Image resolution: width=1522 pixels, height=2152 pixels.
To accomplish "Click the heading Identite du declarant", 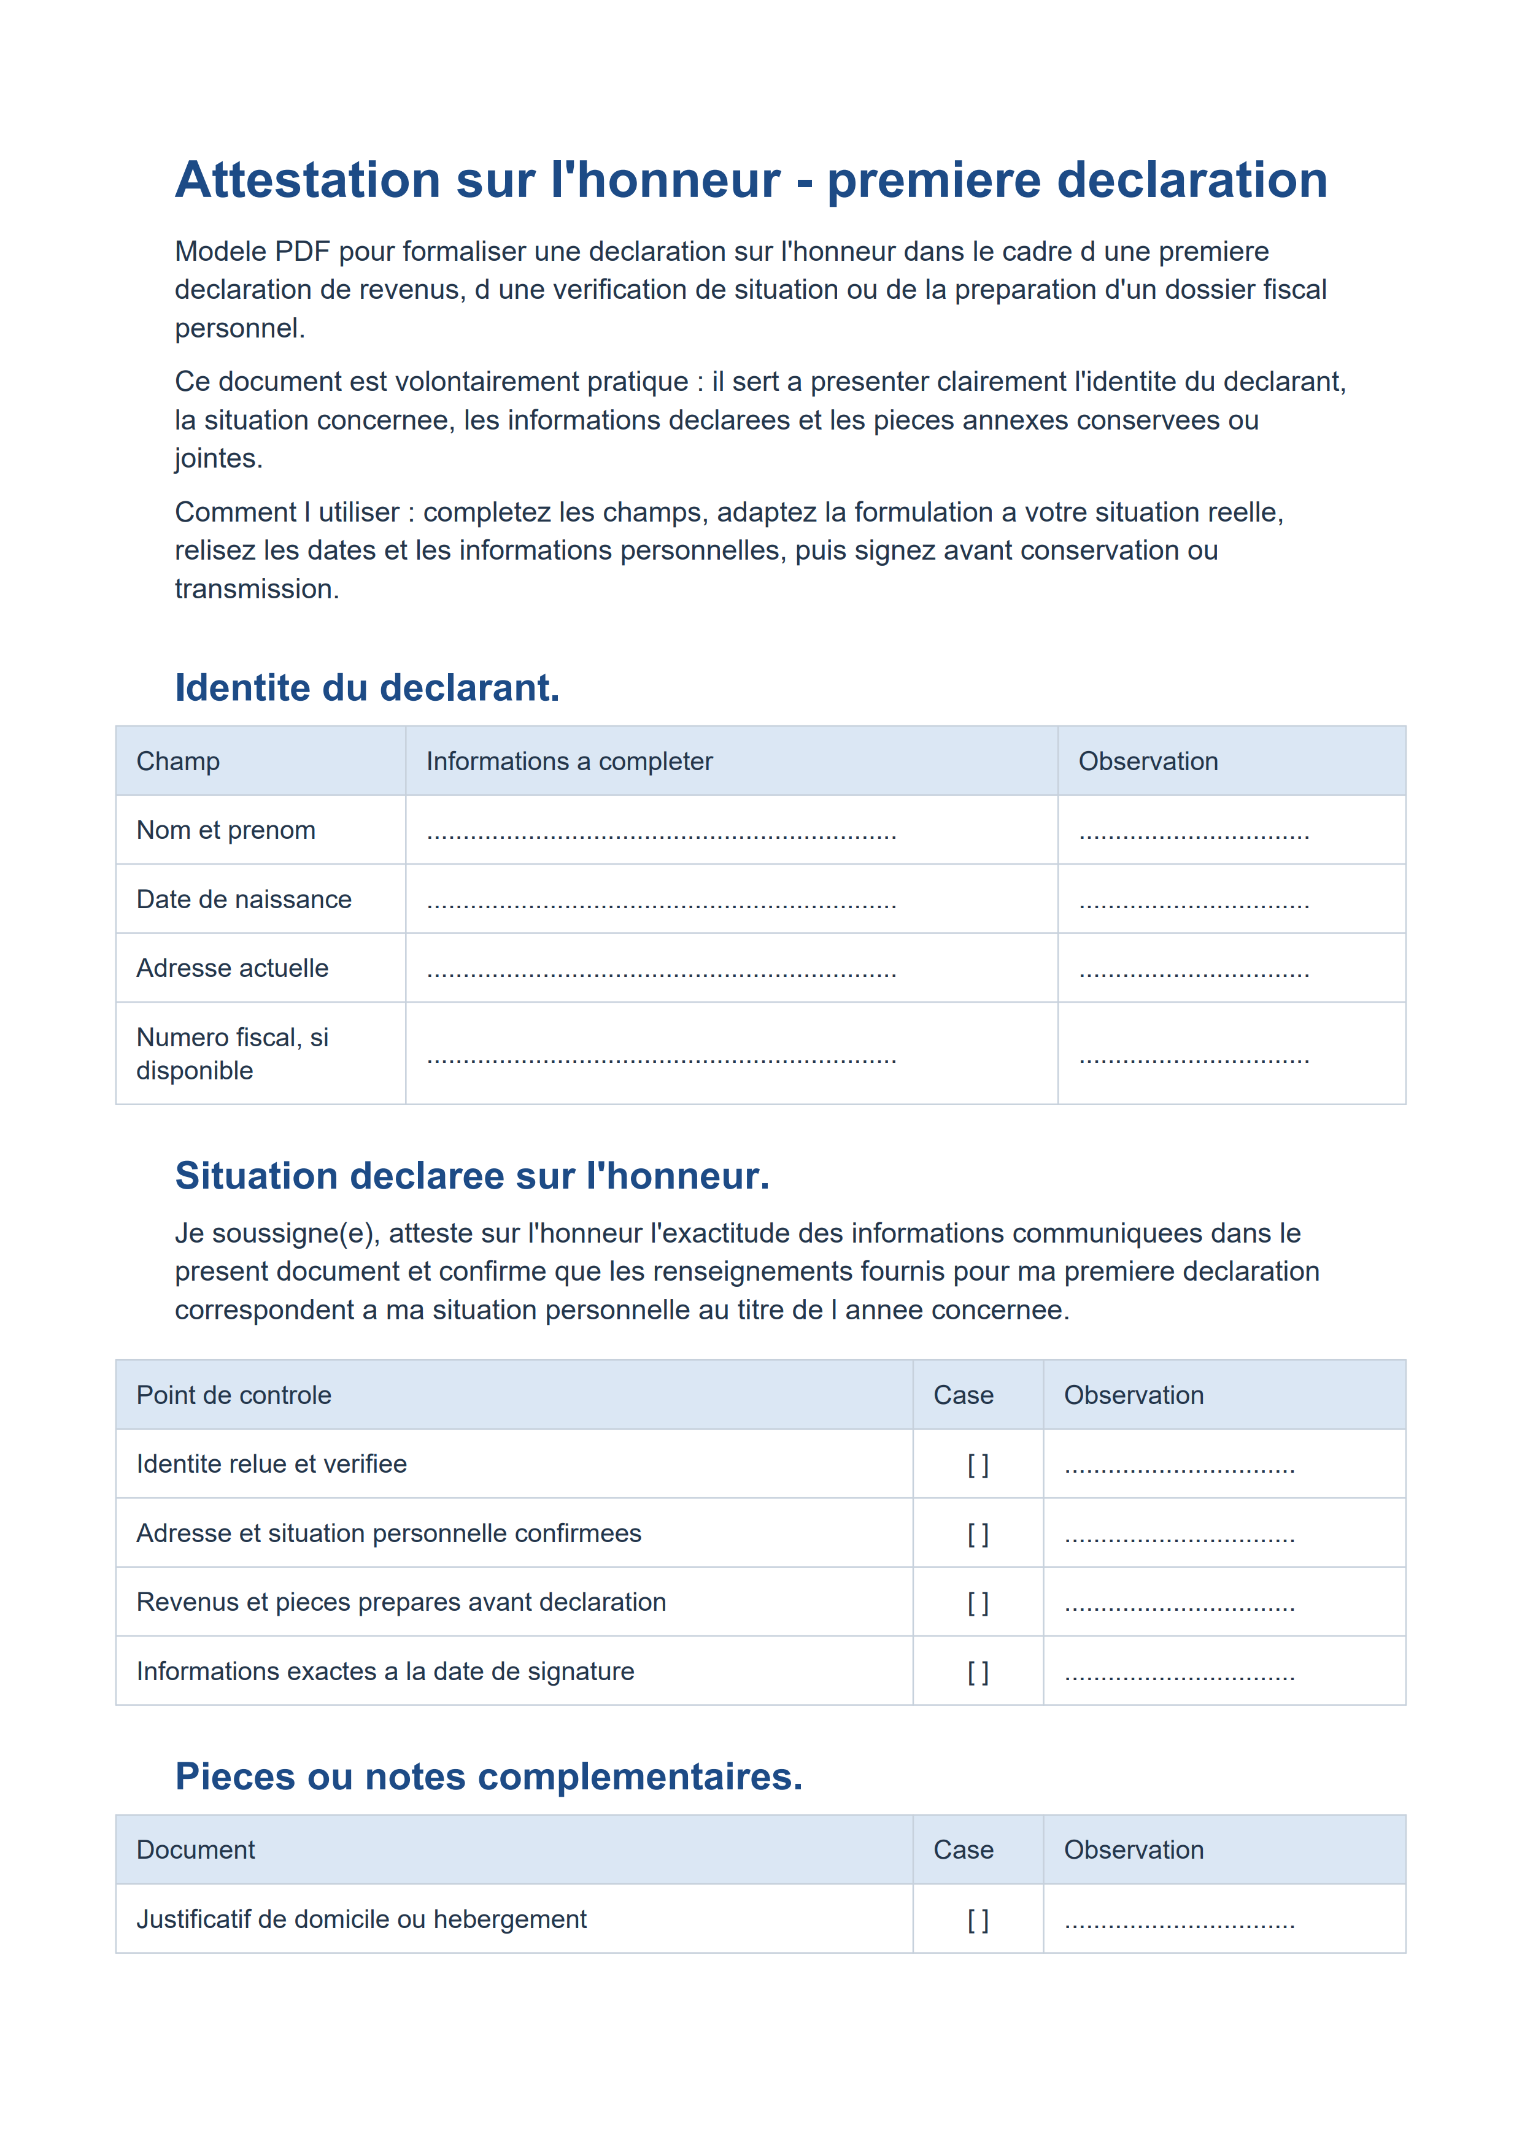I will pos(366,688).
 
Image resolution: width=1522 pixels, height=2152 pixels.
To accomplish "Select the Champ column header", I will pos(178,761).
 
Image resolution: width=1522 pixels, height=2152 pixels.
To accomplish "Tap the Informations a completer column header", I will pos(569,761).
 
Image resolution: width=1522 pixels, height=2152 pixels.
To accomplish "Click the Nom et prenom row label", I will pos(226,830).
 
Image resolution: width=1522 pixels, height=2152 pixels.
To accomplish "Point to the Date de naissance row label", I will pos(244,900).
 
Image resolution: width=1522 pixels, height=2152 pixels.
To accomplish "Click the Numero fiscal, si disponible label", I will pos(233,1054).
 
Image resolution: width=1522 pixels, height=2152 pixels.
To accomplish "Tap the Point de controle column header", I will pos(233,1395).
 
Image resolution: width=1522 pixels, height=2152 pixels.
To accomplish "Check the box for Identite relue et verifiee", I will pos(978,1465).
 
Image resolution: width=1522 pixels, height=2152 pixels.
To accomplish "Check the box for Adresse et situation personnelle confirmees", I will pos(978,1534).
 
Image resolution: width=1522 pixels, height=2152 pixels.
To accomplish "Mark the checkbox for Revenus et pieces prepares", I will pos(978,1603).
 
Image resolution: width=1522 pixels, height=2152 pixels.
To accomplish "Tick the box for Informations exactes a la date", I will pos(978,1673).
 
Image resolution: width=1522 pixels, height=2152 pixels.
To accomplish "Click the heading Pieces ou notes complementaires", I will pos(489,1777).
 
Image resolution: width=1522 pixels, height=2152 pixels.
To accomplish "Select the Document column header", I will pos(195,1850).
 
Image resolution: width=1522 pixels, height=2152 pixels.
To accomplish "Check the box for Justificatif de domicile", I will pos(978,1921).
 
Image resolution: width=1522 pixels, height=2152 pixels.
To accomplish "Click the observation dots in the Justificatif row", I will pos(1179,1923).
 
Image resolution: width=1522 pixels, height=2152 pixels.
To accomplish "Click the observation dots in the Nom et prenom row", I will pos(1193,834).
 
